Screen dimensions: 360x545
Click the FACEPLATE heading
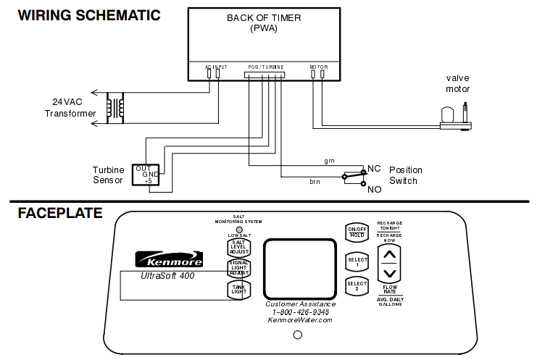coord(60,213)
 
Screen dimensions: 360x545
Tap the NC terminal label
coord(374,168)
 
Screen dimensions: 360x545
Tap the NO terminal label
coord(374,189)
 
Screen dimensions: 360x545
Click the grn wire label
coord(329,160)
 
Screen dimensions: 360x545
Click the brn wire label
coord(315,182)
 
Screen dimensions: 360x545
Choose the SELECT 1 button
coord(357,262)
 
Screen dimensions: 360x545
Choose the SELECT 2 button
coord(357,285)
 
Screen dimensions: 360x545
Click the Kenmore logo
coord(163,259)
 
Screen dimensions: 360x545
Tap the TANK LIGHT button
coord(238,289)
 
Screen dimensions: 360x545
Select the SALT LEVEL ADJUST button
coord(238,247)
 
